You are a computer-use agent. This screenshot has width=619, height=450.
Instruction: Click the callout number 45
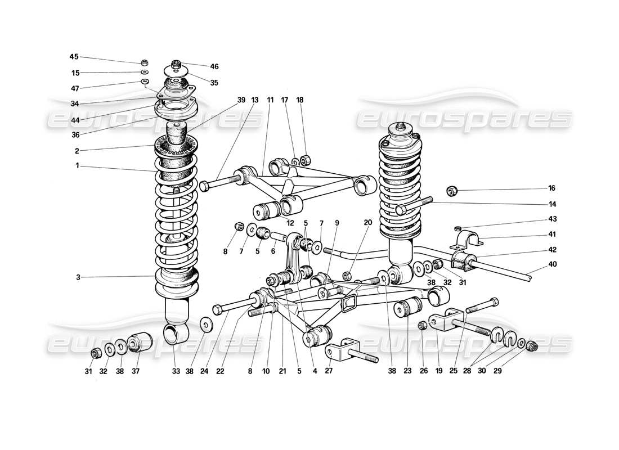pyautogui.click(x=74, y=57)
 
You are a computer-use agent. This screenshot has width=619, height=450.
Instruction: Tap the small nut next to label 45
pyautogui.click(x=145, y=62)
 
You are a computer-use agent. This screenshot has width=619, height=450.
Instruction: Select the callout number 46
pyautogui.click(x=214, y=66)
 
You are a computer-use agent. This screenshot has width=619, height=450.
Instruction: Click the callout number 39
pyautogui.click(x=241, y=100)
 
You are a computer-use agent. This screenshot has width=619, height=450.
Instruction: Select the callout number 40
pyautogui.click(x=553, y=264)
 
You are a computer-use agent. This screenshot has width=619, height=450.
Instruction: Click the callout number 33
pyautogui.click(x=176, y=371)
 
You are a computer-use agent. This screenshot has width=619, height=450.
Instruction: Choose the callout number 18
pyautogui.click(x=300, y=100)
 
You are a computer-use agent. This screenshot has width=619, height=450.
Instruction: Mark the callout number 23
pyautogui.click(x=406, y=371)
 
